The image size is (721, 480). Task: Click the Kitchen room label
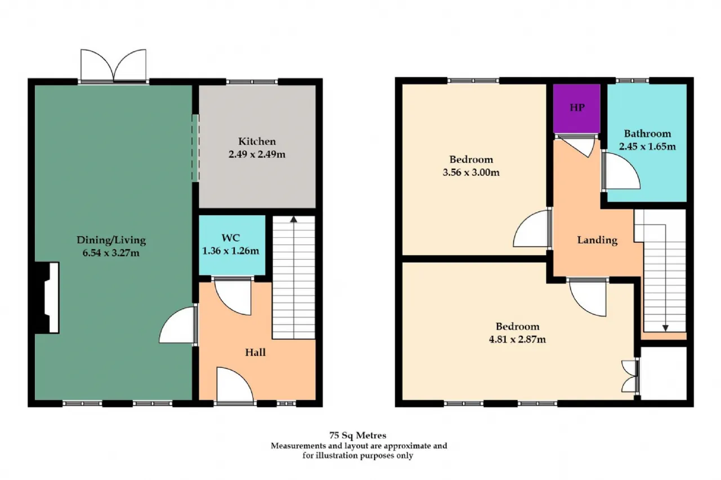[x=257, y=141]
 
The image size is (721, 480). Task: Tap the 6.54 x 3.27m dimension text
[x=111, y=253]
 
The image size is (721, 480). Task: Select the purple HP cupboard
[x=577, y=108]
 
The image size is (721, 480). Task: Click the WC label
[x=231, y=238]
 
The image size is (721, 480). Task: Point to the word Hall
[x=255, y=353]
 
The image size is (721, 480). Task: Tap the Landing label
[x=597, y=240]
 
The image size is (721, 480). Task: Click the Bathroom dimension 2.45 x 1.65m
[x=647, y=147]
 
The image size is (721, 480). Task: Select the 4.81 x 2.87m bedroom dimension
[x=517, y=340]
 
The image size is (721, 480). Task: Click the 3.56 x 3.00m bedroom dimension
[x=471, y=172]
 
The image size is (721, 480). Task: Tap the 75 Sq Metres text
[x=358, y=435]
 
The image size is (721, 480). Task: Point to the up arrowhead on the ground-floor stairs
[x=293, y=219]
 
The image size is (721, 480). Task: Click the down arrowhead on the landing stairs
[x=665, y=328]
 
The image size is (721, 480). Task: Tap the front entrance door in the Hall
[x=235, y=385]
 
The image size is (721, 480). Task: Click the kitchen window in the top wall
[x=252, y=82]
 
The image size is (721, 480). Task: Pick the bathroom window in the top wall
[x=633, y=81]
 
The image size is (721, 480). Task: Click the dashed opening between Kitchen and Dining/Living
[x=195, y=148]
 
